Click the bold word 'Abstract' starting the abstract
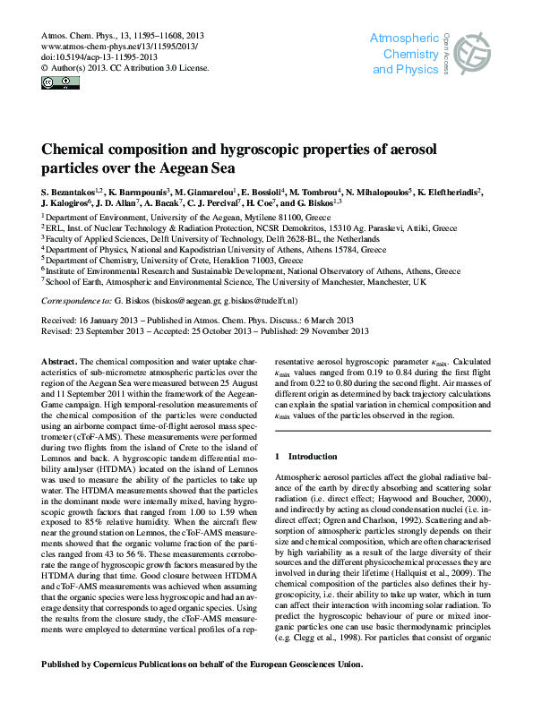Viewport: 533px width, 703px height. (x=60, y=360)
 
